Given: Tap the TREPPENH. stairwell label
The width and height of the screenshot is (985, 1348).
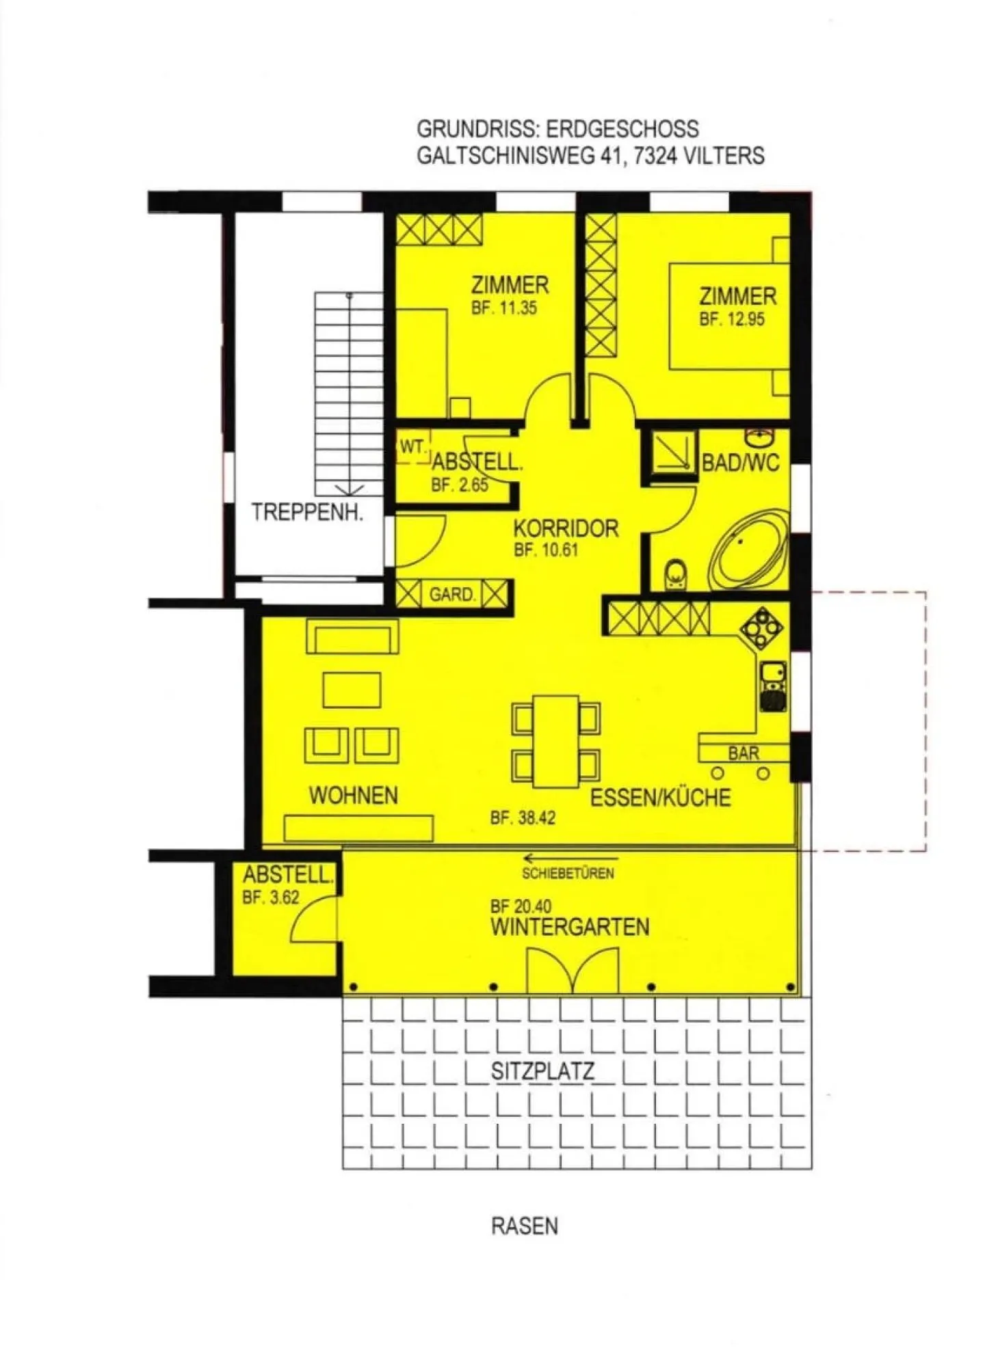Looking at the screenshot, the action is (x=307, y=512).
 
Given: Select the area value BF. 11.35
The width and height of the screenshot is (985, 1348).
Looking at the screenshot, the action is (x=504, y=308).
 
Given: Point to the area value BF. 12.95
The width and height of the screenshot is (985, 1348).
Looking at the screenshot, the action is (x=732, y=319).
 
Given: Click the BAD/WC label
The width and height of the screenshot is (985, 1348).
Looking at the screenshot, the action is (x=741, y=463).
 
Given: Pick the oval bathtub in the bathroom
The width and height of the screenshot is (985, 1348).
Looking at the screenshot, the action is (x=749, y=550).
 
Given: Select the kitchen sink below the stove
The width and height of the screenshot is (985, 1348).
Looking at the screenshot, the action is (x=774, y=686).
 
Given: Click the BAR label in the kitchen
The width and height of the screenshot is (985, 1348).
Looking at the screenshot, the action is (x=744, y=753).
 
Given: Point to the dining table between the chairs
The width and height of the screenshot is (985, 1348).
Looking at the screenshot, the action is (x=556, y=742).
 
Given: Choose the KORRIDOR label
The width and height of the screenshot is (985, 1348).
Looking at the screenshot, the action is (x=566, y=528).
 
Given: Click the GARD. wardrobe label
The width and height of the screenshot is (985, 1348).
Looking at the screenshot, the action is (x=452, y=595).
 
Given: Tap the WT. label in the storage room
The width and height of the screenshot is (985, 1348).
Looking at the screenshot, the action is (x=413, y=447).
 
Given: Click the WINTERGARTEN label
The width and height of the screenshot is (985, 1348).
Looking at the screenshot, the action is (x=570, y=928).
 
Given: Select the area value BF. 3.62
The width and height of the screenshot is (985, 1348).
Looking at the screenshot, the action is (x=271, y=898).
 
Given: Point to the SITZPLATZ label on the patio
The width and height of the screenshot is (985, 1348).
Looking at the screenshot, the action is (x=542, y=1071).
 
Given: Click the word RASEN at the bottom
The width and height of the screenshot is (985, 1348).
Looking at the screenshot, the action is (x=525, y=1226).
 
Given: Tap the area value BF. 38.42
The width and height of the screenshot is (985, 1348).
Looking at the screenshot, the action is (x=523, y=818).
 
